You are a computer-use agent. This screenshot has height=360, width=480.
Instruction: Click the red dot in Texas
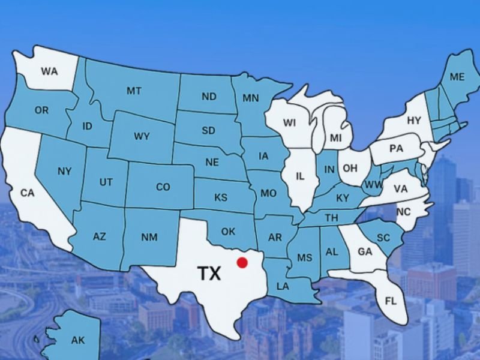coord(242,262)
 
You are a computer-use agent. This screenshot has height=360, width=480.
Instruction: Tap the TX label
coord(209,274)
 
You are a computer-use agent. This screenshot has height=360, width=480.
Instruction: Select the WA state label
coord(49,71)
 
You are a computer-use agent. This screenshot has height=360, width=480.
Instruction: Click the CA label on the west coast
coord(28,193)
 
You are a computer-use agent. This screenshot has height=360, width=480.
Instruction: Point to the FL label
coord(391,301)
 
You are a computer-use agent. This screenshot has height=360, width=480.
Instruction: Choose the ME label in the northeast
coord(457,77)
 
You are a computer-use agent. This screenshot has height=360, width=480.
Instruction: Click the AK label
coord(78,340)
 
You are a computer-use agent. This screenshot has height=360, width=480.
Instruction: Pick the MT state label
coord(134,91)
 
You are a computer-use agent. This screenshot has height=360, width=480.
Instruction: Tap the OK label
coord(228,232)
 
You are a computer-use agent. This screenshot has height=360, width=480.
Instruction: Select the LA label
coord(283,286)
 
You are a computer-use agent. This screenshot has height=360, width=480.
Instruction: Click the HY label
coord(414,121)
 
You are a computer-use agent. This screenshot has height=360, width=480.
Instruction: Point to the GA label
coord(365,252)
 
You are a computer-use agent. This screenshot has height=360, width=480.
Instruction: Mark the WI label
coord(290,123)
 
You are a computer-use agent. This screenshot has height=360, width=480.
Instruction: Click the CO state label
coord(163,187)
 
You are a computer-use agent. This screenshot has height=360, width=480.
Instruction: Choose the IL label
coord(300,176)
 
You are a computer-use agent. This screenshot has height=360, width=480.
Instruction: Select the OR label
coord(41,110)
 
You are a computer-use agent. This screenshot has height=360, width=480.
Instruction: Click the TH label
coord(331,218)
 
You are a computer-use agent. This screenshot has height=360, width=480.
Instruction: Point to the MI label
coord(336,138)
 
